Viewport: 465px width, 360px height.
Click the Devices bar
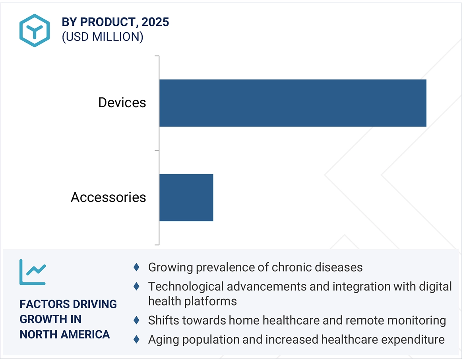(x=293, y=103)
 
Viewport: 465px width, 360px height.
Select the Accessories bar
(x=186, y=197)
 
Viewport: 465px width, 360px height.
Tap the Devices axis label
(x=122, y=103)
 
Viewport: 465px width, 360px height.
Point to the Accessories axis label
(x=108, y=197)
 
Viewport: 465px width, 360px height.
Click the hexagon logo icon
(x=35, y=31)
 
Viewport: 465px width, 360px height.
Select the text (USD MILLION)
(x=102, y=37)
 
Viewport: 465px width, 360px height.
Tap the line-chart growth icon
(x=33, y=272)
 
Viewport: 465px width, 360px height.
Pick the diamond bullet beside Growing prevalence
(x=136, y=267)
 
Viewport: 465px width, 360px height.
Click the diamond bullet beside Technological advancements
(x=136, y=286)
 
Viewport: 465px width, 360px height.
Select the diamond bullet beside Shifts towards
(x=136, y=320)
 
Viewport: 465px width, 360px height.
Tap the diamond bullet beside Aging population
(x=136, y=339)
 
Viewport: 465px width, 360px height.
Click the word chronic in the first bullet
(x=292, y=267)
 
